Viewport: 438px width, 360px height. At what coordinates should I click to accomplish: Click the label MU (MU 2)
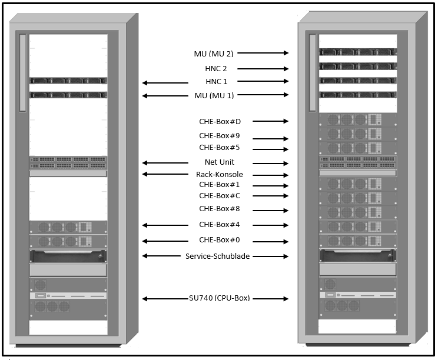coord(214,54)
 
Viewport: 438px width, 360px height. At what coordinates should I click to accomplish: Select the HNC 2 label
coord(216,68)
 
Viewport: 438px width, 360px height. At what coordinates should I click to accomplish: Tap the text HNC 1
coord(216,81)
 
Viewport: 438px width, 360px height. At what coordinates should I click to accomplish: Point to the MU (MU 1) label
coord(214,95)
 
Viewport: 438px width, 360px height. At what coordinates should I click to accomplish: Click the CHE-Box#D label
coord(220,122)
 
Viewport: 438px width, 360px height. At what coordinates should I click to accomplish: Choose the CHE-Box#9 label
coord(220,136)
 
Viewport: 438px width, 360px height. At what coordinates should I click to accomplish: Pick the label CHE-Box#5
coord(220,148)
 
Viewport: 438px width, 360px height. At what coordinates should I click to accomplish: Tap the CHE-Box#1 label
coord(220,185)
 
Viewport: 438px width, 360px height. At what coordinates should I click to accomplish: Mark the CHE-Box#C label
coord(220,196)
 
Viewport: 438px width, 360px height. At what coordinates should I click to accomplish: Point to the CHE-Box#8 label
coord(220,209)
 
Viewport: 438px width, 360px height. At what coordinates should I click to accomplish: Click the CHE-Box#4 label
coord(220,224)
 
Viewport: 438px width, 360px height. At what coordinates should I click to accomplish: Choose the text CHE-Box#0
coord(220,240)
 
